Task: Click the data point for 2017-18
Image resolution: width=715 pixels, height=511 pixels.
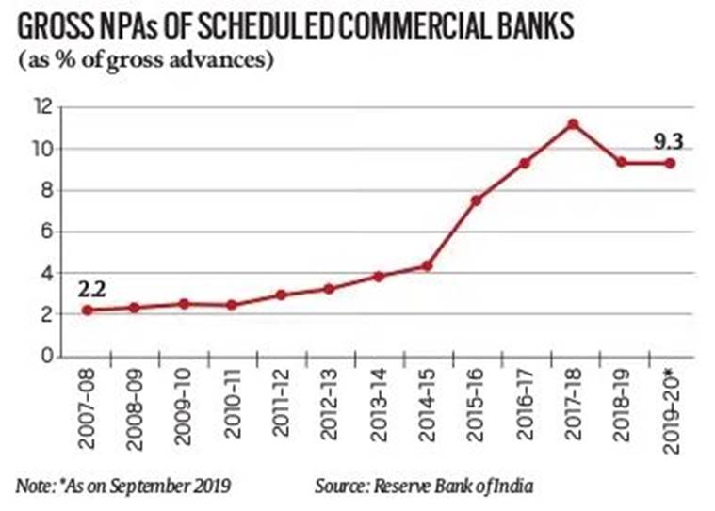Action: point(572,124)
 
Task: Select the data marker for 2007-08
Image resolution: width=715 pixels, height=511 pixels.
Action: point(88,311)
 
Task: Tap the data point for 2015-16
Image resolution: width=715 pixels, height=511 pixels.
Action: point(476,200)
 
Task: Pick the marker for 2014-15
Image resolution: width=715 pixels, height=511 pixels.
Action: point(427,265)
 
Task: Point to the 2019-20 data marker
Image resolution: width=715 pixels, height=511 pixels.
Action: point(669,163)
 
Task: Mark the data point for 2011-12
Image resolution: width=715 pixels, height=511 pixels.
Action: point(282,295)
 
